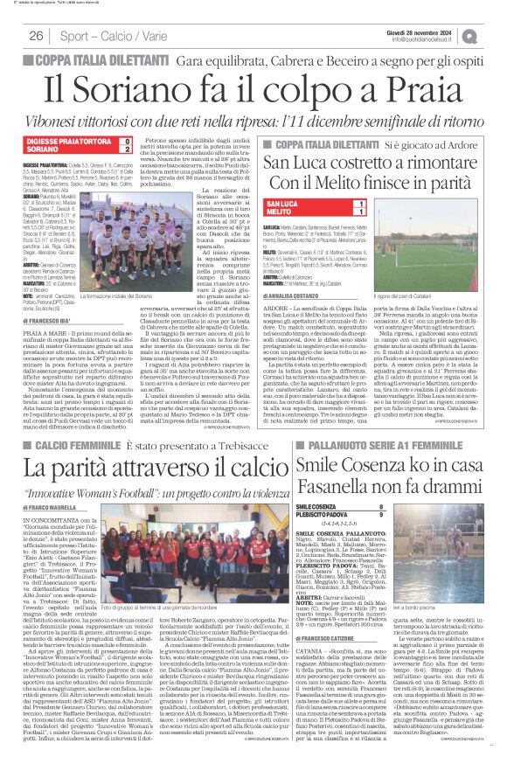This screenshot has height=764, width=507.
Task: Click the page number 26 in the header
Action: pos(37,36)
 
